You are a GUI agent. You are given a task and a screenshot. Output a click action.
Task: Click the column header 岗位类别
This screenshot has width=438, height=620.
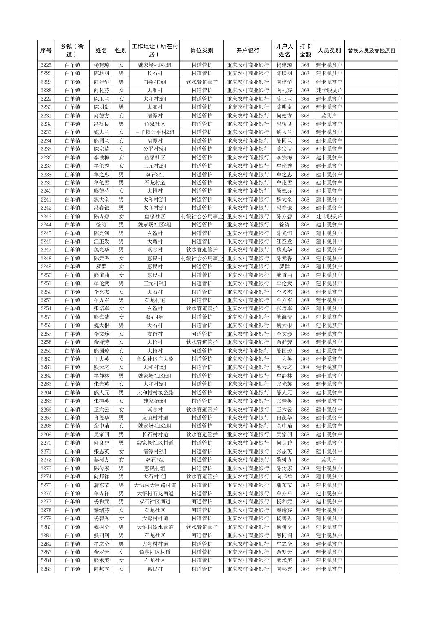[201, 51]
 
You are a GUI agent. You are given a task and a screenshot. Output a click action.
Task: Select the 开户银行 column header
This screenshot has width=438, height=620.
[248, 51]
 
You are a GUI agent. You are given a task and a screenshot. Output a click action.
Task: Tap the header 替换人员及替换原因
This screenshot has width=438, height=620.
[371, 51]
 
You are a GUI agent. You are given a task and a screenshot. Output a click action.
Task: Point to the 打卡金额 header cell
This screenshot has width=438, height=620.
[305, 51]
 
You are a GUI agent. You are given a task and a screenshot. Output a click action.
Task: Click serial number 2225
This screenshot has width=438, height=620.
[46, 65]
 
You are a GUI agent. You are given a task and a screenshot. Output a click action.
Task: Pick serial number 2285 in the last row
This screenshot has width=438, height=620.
[46, 569]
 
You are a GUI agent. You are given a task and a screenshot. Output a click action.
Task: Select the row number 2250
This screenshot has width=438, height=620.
[46, 275]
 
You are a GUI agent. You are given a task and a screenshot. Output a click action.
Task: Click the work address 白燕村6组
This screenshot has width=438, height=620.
[155, 82]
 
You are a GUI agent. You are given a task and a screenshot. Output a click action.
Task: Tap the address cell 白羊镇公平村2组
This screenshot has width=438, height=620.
[155, 132]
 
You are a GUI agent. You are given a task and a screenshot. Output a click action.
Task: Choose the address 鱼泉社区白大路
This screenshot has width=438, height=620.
[155, 359]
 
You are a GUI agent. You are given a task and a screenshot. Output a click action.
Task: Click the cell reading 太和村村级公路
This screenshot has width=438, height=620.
[155, 393]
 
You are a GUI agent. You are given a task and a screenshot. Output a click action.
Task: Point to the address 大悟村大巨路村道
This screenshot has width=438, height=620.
[155, 485]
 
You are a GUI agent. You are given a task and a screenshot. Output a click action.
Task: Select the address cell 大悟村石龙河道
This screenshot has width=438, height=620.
[155, 494]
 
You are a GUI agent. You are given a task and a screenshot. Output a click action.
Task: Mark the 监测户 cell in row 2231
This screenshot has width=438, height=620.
[329, 115]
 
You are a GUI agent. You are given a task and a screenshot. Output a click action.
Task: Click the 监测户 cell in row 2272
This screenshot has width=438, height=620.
[329, 460]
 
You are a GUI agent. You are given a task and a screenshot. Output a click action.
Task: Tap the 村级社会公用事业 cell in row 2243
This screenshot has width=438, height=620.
[201, 216]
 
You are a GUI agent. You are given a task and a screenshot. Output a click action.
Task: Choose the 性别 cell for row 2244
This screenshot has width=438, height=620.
[121, 225]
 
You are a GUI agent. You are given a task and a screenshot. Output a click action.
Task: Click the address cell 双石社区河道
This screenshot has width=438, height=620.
[155, 502]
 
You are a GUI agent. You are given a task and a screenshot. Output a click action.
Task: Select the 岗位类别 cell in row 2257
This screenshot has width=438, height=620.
[201, 334]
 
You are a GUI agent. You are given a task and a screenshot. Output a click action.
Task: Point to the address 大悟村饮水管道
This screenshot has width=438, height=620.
[155, 527]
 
